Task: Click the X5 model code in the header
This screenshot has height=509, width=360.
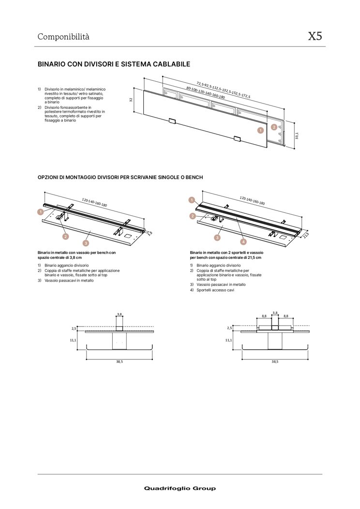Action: click(315, 37)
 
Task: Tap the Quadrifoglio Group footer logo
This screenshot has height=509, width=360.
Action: click(180, 488)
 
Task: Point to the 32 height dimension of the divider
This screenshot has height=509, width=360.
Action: click(131, 99)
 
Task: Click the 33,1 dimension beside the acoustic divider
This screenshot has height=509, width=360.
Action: click(297, 136)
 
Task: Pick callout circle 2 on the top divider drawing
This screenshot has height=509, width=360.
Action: click(274, 127)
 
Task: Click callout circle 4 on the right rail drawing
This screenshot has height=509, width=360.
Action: click(243, 241)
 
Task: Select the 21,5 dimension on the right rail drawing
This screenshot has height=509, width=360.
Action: click(306, 234)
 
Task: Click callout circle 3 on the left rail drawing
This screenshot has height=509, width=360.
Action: click(86, 243)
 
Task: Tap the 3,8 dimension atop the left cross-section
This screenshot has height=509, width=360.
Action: click(119, 314)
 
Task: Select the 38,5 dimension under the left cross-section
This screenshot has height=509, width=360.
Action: click(119, 361)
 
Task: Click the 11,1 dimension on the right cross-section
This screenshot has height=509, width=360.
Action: click(228, 340)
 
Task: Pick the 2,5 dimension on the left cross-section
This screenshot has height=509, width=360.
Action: click(74, 328)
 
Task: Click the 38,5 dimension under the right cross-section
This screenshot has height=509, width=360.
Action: click(275, 361)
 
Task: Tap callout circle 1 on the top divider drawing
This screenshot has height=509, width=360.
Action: click(260, 130)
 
